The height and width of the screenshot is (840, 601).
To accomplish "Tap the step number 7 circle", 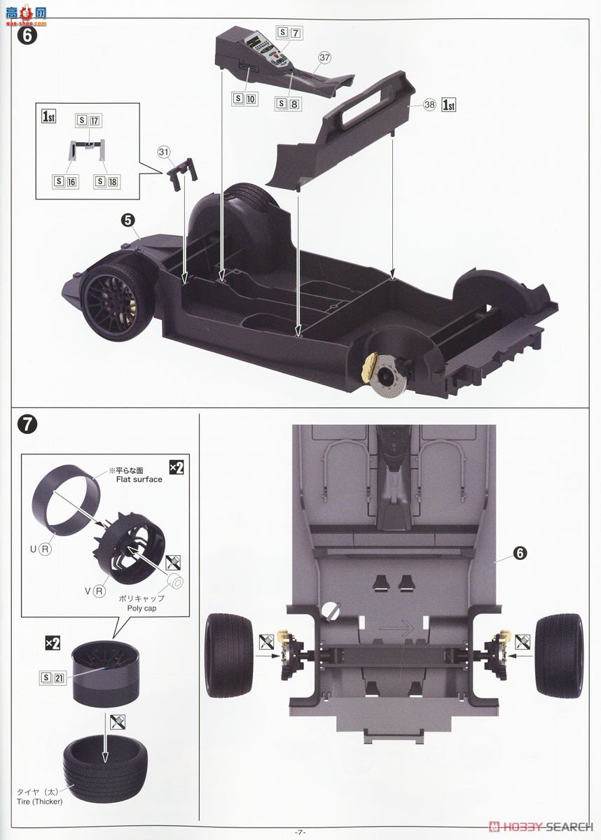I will [x=26, y=424].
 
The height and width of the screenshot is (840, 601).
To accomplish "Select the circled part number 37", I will [x=324, y=59].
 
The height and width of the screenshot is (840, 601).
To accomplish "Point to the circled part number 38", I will [x=429, y=104].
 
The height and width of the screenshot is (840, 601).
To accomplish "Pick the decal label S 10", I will [x=245, y=99].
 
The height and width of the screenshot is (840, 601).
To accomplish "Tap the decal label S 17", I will [x=88, y=120].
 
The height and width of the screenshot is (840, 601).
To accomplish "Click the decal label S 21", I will [x=54, y=676].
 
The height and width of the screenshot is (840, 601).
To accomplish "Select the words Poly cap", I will [x=141, y=608].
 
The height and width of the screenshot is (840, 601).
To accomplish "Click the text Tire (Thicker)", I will [x=41, y=801].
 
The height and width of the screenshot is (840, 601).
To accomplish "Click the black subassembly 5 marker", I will [x=127, y=220].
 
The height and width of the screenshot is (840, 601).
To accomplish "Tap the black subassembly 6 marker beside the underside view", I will [x=519, y=553].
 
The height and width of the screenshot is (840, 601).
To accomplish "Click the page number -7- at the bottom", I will [x=300, y=832].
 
